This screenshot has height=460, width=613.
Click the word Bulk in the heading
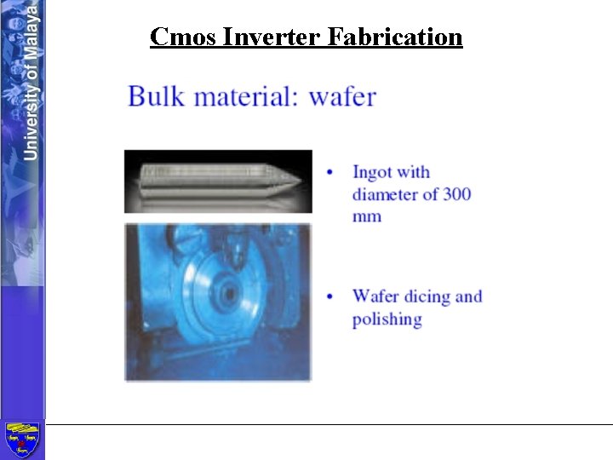pyautogui.click(x=156, y=95)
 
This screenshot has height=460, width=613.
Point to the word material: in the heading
pyautogui.click(x=248, y=95)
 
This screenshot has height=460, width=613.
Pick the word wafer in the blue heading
pyautogui.click(x=342, y=95)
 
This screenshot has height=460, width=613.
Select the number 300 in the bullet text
pyautogui.click(x=457, y=194)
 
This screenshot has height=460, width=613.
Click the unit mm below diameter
pyautogui.click(x=367, y=216)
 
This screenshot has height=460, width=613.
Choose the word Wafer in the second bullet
pyautogui.click(x=375, y=297)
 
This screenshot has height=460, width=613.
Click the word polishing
pyautogui.click(x=387, y=319)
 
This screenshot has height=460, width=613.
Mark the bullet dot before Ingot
pyautogui.click(x=330, y=173)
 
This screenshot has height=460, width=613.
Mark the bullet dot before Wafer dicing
pyautogui.click(x=330, y=297)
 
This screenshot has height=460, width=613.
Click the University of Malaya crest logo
pyautogui.click(x=22, y=440)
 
